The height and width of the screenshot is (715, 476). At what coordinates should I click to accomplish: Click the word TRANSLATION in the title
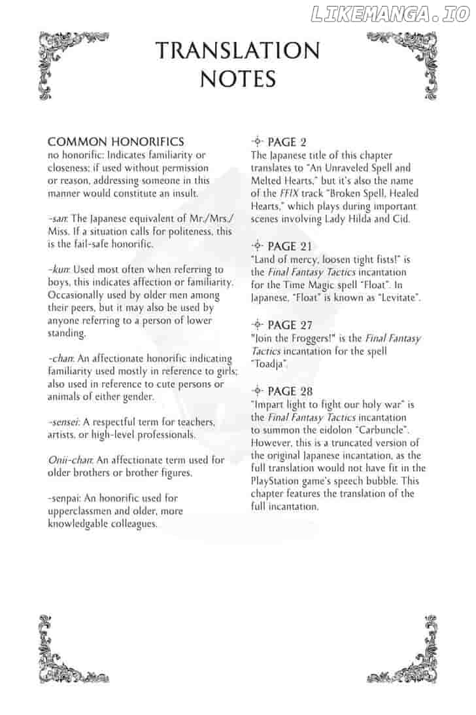(238, 50)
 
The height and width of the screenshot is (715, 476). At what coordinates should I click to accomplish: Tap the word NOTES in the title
(238, 79)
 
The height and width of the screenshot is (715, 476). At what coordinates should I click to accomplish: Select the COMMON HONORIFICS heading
(116, 141)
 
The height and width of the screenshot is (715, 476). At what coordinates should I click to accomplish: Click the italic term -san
(58, 219)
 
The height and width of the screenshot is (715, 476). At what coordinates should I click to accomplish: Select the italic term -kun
(59, 270)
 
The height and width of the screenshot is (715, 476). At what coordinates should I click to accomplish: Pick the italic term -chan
(61, 359)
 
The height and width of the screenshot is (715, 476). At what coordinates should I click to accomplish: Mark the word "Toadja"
(269, 363)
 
